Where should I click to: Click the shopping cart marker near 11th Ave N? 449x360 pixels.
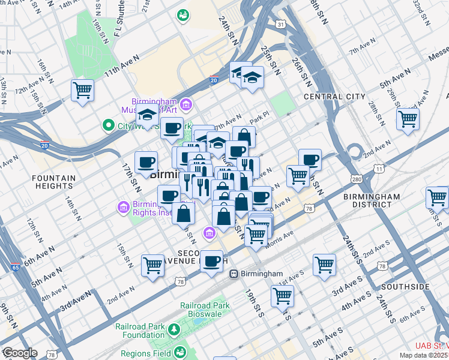tap(82, 91)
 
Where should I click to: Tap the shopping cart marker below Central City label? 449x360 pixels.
tap(408, 119)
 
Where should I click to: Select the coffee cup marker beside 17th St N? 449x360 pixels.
tap(146, 162)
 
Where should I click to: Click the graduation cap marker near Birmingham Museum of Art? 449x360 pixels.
tap(147, 116)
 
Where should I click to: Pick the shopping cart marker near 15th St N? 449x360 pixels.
tap(152, 265)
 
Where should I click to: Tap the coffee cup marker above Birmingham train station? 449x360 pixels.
tap(211, 261)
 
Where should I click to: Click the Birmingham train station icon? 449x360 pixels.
tap(234, 274)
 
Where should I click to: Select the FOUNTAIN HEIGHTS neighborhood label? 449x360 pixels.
tap(54, 182)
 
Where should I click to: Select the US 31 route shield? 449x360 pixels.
tap(280, 23)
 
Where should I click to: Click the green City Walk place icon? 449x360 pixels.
tap(108, 126)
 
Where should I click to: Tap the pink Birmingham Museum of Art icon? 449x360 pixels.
tap(186, 106)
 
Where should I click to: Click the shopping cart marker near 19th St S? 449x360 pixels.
tap(282, 295)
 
